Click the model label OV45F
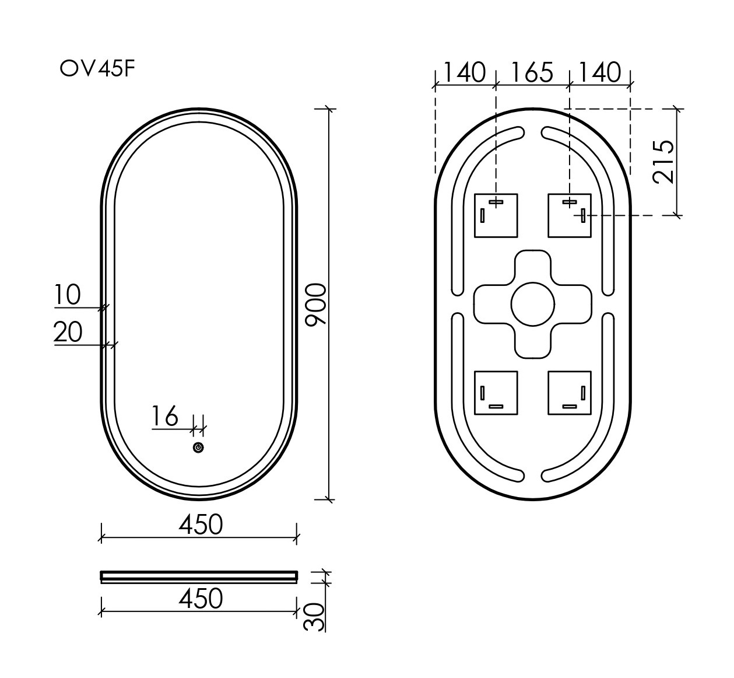point(98,69)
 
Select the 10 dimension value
point(68,295)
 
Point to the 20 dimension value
point(68,333)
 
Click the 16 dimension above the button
point(164,417)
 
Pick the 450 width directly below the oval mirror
point(200,525)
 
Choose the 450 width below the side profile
point(200,599)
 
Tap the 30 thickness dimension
point(314,616)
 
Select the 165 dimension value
point(532,73)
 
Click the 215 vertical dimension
point(664,162)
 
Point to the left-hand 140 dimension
point(464,73)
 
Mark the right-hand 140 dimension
point(600,73)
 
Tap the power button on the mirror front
point(198,448)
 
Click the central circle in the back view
point(532,303)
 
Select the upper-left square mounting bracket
point(496,215)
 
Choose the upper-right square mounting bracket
point(570,215)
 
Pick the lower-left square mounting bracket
point(496,393)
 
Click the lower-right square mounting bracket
point(570,393)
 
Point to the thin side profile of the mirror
point(199,576)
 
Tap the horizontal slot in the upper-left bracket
point(496,202)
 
